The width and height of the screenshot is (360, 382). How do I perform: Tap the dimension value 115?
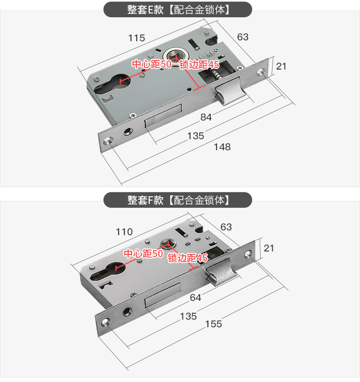click(x=136, y=38)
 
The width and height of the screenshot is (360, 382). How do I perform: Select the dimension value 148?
click(x=222, y=147)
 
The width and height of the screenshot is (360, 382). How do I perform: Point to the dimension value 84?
click(x=206, y=117)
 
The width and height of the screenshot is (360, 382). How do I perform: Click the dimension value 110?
click(x=124, y=232)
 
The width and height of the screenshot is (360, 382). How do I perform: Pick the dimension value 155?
click(x=213, y=324)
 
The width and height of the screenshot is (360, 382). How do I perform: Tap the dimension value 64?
click(x=195, y=298)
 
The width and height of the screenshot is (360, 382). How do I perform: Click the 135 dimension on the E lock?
click(x=195, y=136)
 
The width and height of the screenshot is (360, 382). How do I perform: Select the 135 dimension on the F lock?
click(x=188, y=316)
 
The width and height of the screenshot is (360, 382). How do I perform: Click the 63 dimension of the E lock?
click(x=243, y=37)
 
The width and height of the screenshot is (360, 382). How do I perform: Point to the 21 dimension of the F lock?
click(x=269, y=248)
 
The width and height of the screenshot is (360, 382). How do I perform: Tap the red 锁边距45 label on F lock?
click(x=187, y=258)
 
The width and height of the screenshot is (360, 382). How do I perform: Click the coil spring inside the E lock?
click(x=216, y=75)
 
